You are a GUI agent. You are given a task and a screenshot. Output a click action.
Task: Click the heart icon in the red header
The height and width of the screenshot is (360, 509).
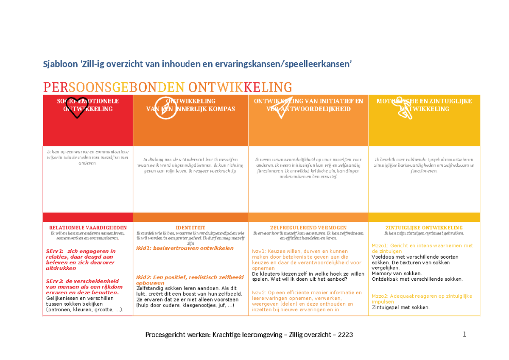pyautogui.click(x=76, y=108)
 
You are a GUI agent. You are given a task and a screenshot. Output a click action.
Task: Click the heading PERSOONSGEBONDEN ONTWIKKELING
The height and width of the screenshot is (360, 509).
pyautogui.click(x=168, y=87)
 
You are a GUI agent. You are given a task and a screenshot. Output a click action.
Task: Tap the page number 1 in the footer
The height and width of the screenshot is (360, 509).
pyautogui.click(x=464, y=335)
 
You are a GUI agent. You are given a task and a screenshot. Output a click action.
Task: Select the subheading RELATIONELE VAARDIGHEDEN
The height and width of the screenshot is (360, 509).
pyautogui.click(x=88, y=228)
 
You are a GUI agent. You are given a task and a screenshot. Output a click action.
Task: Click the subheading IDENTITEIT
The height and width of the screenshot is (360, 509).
pyautogui.click(x=190, y=228)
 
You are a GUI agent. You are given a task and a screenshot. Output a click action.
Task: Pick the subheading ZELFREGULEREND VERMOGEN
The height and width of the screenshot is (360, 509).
pyautogui.click(x=308, y=228)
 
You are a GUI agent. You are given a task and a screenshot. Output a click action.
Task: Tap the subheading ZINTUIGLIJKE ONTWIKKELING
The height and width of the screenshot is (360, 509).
pyautogui.click(x=424, y=228)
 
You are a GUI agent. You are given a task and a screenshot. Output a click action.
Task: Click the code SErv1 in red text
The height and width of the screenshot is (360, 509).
pyautogui.click(x=55, y=251)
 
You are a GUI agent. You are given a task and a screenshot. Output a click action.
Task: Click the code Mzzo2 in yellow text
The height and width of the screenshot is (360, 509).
pyautogui.click(x=379, y=296)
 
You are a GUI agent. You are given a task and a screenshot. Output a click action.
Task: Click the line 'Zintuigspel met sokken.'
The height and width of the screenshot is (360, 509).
pyautogui.click(x=400, y=307)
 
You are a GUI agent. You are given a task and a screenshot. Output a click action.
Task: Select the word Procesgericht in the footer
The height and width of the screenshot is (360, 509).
pyautogui.click(x=164, y=335)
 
